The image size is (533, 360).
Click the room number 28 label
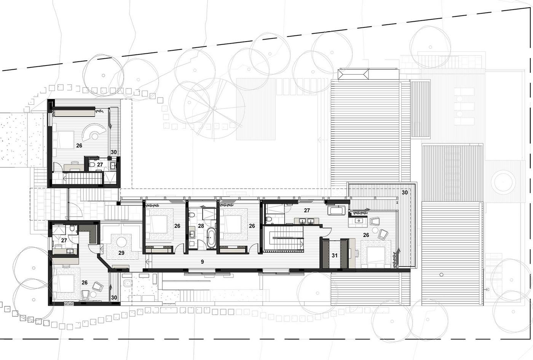pos(201,226)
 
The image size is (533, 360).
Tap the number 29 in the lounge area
pos(121,253)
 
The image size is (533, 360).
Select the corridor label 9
pos(202,262)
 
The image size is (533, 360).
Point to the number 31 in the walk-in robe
pos(335,256)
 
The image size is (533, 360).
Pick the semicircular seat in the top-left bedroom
pos(94,132)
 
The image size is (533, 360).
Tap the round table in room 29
pos(122,242)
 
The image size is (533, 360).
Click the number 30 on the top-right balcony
pos(405,192)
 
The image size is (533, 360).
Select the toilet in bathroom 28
pos(191,215)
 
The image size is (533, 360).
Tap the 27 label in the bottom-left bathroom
pos(64,240)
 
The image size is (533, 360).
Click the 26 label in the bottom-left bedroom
pos(85,283)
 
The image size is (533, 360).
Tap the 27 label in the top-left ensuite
pos(100,165)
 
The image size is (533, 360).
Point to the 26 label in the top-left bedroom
pos(79,146)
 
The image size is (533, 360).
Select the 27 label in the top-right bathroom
pos(307,210)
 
